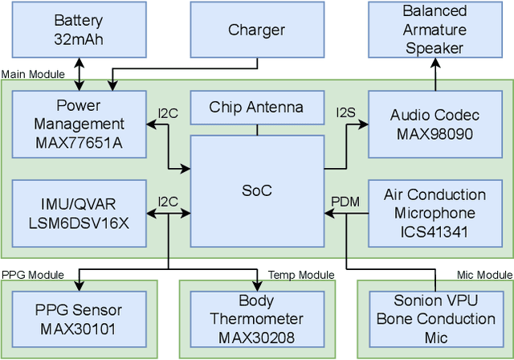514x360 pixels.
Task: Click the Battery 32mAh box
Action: [x=79, y=30]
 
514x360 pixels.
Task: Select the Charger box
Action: [x=256, y=30]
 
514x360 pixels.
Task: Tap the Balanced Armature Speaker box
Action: [x=434, y=30]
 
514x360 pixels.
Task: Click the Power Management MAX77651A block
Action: [x=79, y=125]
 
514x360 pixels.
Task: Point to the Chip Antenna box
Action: [x=256, y=107]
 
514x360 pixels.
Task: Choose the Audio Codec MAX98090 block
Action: [x=434, y=125]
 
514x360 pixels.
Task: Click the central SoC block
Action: [x=256, y=190]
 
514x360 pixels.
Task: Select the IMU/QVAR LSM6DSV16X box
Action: [x=79, y=213]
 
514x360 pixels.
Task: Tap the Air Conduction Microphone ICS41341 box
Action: [x=434, y=213]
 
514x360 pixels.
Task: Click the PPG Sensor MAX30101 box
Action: [x=79, y=319]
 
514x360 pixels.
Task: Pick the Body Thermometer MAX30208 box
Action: [x=256, y=319]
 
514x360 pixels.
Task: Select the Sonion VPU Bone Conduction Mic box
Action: [x=434, y=319]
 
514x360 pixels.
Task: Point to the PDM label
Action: [x=345, y=200]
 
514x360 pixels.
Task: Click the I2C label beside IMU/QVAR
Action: [x=168, y=200]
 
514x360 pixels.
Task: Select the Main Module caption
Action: [x=33, y=74]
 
